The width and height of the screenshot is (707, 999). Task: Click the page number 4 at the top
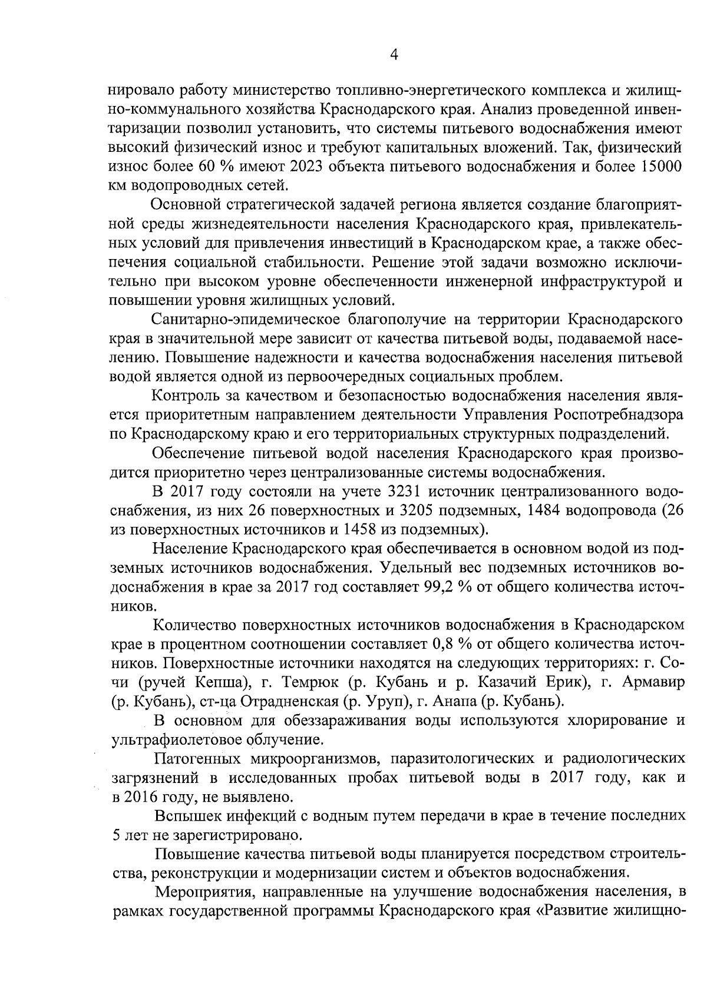point(394,55)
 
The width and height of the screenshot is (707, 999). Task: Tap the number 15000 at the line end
point(659,167)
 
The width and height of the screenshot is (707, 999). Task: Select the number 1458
point(358,529)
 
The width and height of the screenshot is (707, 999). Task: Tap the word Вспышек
point(185,816)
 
